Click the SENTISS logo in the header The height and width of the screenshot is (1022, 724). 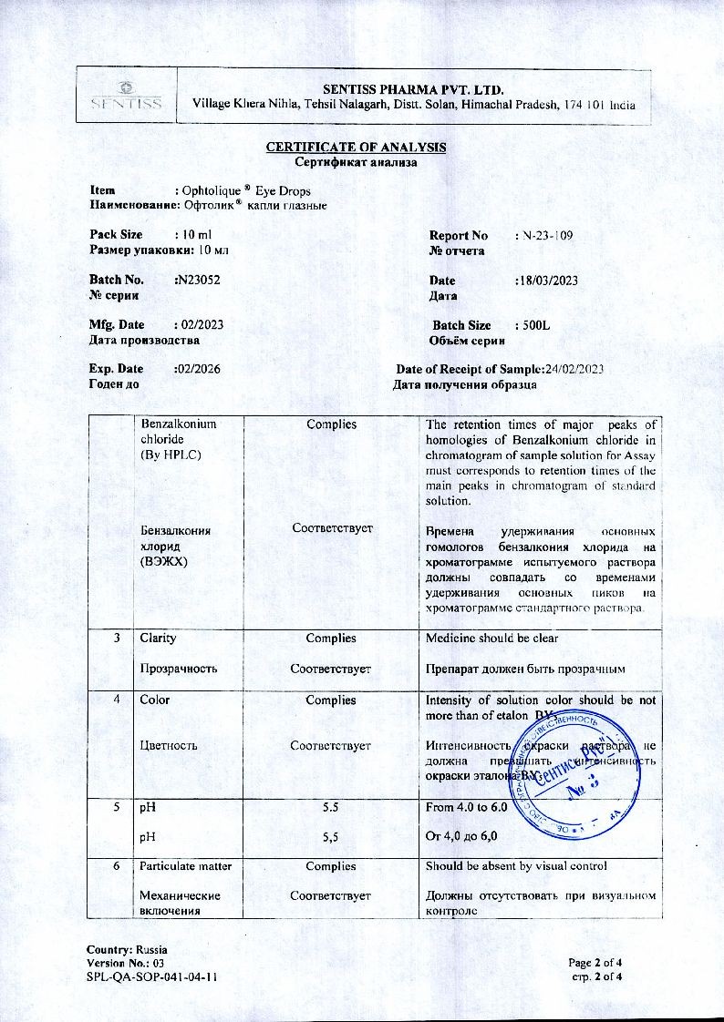tap(127, 95)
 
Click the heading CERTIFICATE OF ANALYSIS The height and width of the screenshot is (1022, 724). tap(356, 148)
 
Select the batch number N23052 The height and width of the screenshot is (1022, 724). tap(197, 281)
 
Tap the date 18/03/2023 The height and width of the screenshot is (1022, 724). tap(548, 281)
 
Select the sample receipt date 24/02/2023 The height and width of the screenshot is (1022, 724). tap(574, 369)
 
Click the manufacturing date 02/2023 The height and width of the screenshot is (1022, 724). tap(200, 325)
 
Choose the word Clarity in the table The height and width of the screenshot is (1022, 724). tap(157, 638)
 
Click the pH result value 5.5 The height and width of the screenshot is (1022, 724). tap(331, 807)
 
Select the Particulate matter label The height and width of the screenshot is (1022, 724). tap(183, 866)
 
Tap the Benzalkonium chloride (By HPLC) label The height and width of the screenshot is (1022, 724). tap(178, 439)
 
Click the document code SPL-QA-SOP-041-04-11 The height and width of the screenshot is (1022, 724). tap(151, 977)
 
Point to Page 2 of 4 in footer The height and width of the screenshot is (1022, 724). tap(595, 963)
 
